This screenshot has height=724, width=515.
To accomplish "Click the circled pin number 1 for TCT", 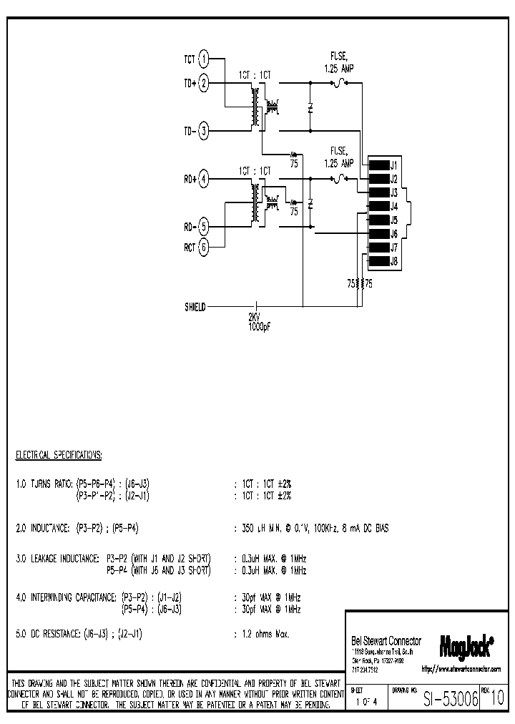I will tap(204, 59).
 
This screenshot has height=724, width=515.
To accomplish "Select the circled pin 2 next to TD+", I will tap(204, 84).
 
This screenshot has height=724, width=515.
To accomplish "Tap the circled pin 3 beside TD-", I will tap(204, 131).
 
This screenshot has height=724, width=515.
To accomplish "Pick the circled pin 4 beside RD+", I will tap(204, 180).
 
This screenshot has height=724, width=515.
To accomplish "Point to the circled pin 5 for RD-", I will tap(204, 227).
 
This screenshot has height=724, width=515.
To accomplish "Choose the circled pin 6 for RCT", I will tap(204, 248).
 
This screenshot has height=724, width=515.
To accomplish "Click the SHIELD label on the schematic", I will tap(195, 307).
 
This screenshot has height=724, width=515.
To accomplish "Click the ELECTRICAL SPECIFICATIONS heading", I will tap(59, 454).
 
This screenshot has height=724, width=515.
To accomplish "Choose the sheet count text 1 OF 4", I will tap(366, 700).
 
